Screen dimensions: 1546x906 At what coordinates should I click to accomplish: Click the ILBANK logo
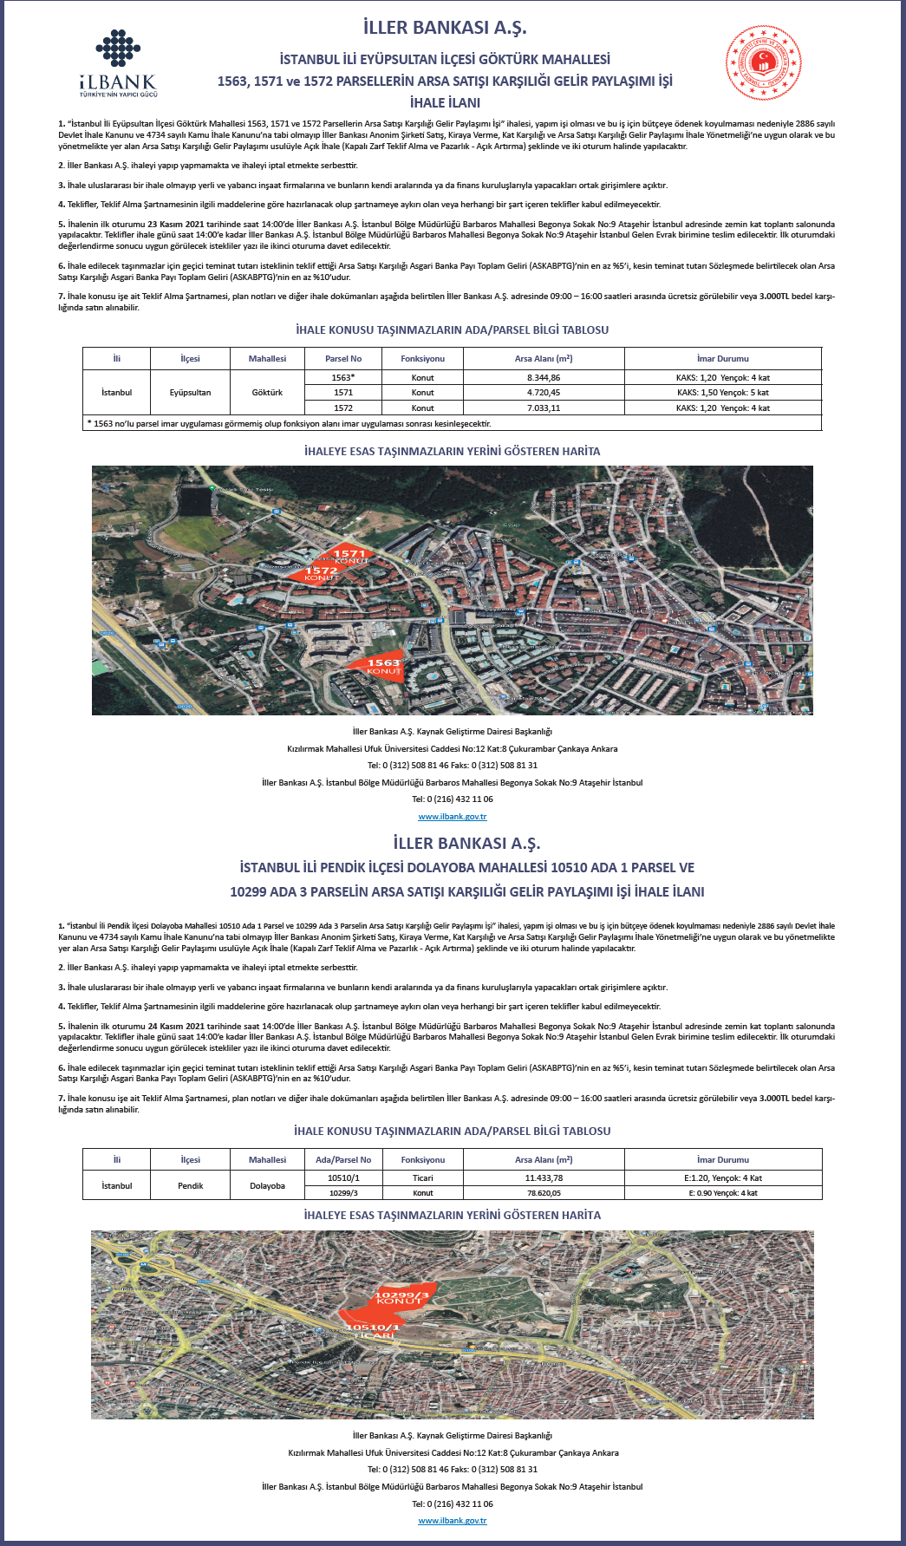click(x=118, y=62)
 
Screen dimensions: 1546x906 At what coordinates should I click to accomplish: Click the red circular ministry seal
click(x=763, y=62)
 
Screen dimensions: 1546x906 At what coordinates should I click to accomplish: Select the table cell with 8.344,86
click(x=544, y=378)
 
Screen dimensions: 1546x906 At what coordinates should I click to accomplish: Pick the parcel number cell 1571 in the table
click(x=343, y=393)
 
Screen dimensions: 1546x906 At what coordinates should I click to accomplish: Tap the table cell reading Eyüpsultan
click(x=190, y=393)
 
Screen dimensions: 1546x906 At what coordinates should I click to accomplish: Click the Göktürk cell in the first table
click(x=267, y=393)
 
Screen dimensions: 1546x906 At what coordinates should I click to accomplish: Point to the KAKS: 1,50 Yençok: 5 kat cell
click(x=722, y=393)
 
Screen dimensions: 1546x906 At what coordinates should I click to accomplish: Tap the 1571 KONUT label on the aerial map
click(x=349, y=556)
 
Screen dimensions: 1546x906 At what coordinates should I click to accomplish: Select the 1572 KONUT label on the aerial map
click(x=321, y=573)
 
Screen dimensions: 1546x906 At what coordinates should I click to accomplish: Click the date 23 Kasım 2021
click(x=176, y=224)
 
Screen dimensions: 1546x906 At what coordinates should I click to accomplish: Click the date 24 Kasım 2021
click(x=176, y=1026)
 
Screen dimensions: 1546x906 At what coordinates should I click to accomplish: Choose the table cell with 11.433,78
click(x=544, y=1178)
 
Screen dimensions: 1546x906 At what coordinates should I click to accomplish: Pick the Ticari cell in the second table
click(x=423, y=1178)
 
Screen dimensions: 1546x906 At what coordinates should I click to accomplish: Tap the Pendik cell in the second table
click(x=191, y=1185)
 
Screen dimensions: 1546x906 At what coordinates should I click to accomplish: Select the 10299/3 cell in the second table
click(x=343, y=1193)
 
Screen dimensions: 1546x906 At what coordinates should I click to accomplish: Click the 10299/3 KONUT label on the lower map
click(x=400, y=1297)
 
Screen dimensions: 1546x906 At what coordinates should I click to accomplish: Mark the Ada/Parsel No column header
click(x=343, y=1159)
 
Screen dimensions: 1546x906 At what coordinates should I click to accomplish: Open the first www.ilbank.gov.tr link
click(x=453, y=817)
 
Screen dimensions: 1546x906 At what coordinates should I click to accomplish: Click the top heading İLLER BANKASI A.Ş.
click(x=445, y=28)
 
